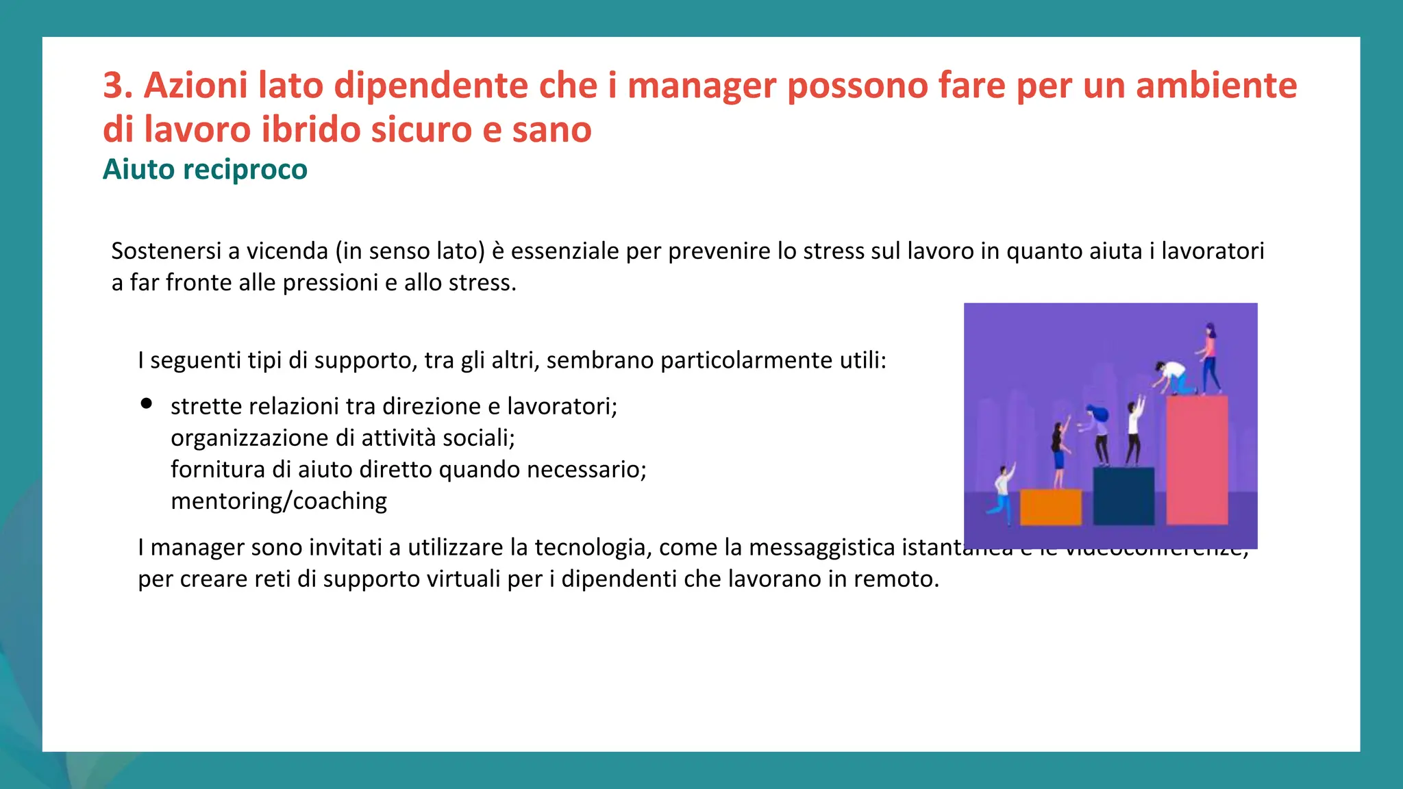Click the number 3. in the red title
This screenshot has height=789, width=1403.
tap(117, 86)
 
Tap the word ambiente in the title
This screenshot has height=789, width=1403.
tap(1216, 86)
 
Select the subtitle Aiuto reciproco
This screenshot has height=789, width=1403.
tap(205, 169)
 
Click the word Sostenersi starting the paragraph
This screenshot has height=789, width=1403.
tap(166, 251)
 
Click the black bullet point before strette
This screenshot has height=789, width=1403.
tap(146, 404)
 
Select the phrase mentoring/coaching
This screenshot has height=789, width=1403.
tap(279, 501)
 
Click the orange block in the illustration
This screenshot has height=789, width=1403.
tap(1050, 507)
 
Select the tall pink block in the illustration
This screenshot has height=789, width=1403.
tap(1197, 459)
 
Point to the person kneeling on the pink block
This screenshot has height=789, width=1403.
tap(1173, 377)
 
